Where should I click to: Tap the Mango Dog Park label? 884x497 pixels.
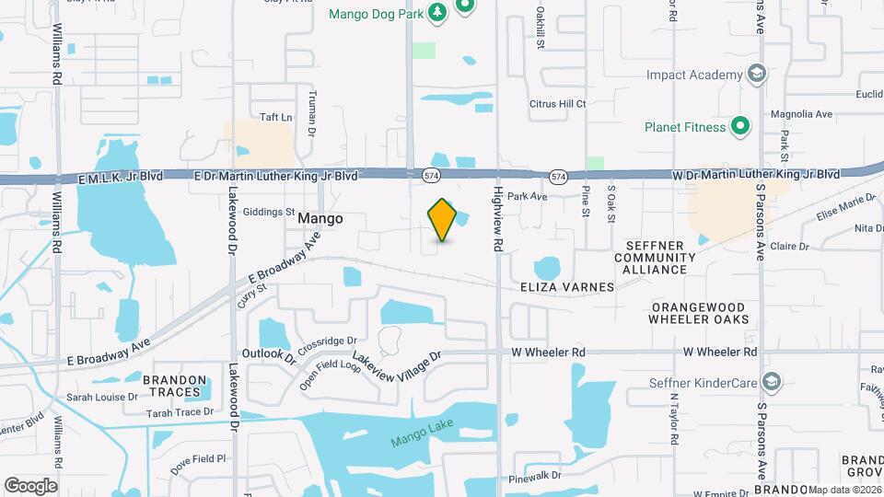tap(376, 12)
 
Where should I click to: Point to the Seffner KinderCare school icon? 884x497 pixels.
tap(772, 382)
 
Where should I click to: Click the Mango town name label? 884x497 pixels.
tap(320, 219)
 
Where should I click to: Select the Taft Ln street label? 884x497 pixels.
tap(275, 117)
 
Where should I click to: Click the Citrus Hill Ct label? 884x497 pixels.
tap(557, 104)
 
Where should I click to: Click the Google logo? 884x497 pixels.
tap(30, 485)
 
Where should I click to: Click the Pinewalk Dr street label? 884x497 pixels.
tap(535, 477)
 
